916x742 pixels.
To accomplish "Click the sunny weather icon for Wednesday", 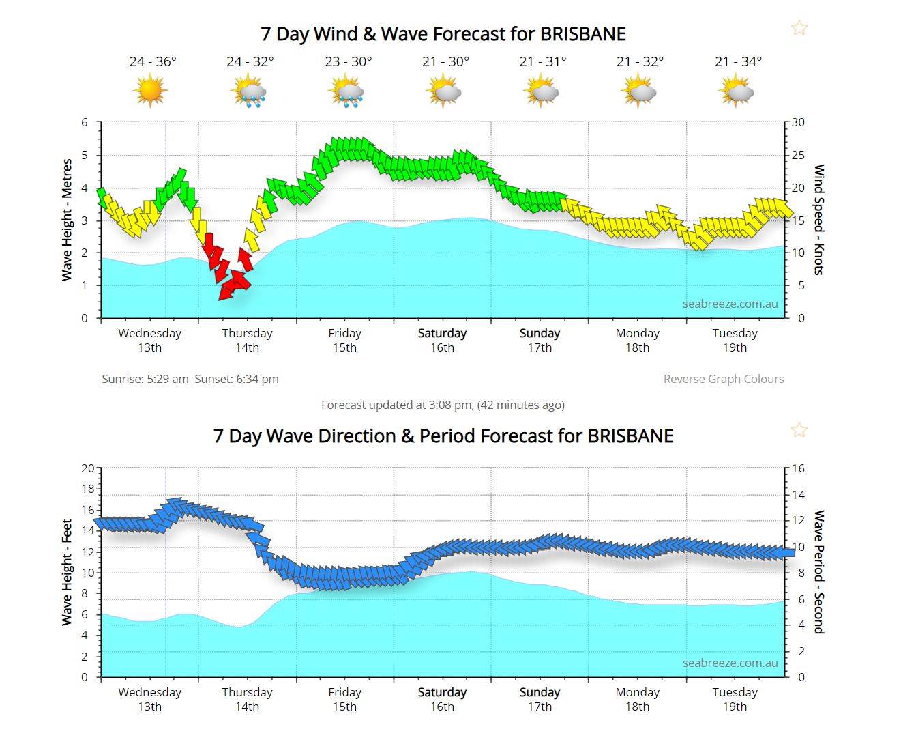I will point(151,91).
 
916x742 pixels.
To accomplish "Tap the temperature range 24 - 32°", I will point(250,61).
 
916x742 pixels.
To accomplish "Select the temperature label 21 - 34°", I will point(738,61).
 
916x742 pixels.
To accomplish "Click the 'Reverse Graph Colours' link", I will point(723,379).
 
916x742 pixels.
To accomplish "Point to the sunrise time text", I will point(145,379).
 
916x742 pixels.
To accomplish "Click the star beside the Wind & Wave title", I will point(799,28).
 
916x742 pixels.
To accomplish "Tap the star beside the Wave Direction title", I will point(799,430).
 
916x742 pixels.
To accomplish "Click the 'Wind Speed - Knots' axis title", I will point(818,220).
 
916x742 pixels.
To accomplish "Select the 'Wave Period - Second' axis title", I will point(818,572).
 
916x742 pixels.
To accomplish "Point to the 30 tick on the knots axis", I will point(798,123).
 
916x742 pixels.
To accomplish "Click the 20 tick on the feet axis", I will point(87,468).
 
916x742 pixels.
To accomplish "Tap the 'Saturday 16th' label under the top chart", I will point(442,340).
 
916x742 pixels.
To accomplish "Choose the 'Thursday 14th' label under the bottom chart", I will point(247,699).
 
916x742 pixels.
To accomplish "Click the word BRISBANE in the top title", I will point(582,34).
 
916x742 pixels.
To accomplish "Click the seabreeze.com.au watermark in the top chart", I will point(730,304).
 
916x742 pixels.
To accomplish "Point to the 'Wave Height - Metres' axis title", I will point(67,220).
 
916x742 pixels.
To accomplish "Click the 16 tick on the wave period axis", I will point(798,468).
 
